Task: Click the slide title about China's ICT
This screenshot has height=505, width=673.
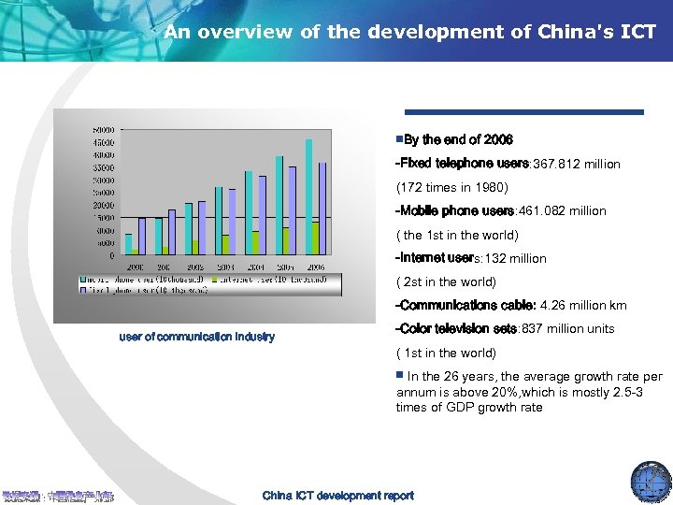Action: point(409,32)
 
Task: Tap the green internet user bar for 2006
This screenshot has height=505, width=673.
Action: point(316,238)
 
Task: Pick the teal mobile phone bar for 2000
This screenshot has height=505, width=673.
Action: point(129,244)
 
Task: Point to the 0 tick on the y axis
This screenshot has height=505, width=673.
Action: point(111,255)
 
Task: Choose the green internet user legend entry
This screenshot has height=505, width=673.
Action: point(271,279)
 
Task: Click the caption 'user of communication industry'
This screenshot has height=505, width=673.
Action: point(196,337)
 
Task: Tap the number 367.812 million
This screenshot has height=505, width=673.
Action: point(576,165)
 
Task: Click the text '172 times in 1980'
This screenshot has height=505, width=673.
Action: point(445,188)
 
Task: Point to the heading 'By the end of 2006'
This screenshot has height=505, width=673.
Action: point(457,140)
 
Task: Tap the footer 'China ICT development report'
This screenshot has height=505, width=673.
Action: point(337,496)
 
